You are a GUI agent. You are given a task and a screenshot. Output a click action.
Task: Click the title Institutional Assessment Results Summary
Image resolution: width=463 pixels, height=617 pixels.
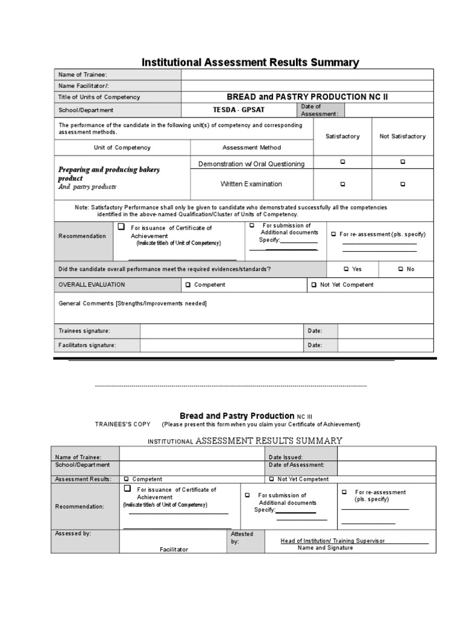pos(250,63)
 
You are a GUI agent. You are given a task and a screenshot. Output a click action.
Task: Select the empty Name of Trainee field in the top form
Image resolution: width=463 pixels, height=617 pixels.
pos(307,75)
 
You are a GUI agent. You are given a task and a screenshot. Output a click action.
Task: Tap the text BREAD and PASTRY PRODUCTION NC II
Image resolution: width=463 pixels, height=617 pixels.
pos(307,97)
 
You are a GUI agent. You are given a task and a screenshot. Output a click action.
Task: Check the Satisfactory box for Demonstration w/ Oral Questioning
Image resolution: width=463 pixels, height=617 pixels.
pos(342,162)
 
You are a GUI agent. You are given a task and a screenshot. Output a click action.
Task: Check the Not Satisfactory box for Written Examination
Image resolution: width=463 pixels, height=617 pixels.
pos(403,184)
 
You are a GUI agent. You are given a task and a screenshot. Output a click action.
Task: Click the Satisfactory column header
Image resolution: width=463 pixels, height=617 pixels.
pos(342,136)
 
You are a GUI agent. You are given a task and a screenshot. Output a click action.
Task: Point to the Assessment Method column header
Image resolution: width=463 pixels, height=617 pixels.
pos(251,148)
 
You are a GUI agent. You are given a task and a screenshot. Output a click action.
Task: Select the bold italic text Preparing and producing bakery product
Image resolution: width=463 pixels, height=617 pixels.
pos(109,174)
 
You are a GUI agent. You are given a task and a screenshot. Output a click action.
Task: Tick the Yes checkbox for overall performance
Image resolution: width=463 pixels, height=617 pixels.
pos(346,269)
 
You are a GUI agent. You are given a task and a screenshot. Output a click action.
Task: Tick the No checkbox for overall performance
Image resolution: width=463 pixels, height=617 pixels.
pos(401,269)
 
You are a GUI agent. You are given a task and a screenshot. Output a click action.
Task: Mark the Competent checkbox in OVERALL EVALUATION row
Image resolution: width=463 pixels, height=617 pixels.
pos(188,285)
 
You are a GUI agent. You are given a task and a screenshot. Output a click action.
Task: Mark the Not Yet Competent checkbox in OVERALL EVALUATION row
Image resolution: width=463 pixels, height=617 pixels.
pos(313,285)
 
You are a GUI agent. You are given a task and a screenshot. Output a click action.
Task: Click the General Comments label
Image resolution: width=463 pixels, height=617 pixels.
pos(132,303)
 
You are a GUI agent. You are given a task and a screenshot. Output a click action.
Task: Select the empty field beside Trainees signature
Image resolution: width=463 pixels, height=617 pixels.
pos(221,331)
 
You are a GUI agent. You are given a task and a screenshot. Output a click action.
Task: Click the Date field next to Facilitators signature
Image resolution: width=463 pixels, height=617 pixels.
pos(385,345)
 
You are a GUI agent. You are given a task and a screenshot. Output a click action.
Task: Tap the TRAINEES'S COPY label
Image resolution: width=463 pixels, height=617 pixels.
pos(123,424)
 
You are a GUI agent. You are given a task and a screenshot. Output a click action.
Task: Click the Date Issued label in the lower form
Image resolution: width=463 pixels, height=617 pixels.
pos(286,457)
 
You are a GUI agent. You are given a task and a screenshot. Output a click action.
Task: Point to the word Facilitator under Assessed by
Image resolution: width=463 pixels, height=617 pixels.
pos(174,550)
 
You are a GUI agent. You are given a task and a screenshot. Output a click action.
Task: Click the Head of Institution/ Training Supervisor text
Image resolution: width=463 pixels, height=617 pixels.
pos(333,541)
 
